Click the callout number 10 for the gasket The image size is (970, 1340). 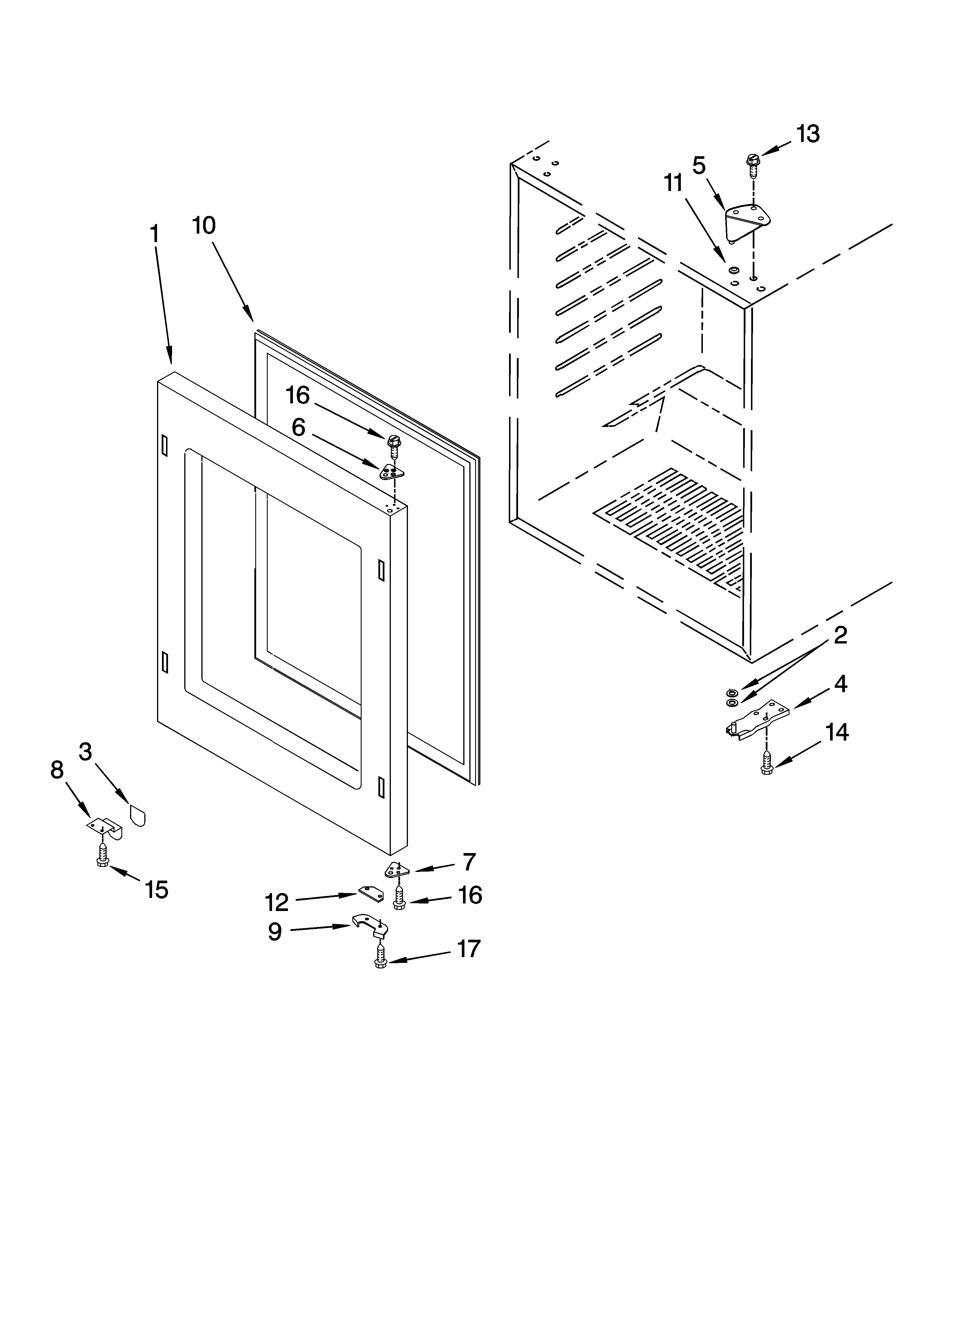[x=204, y=226]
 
